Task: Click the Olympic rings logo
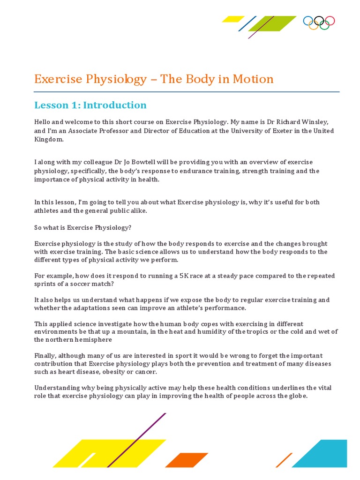click(319, 22)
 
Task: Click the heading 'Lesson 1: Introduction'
click(90, 105)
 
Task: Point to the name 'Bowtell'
click(140, 162)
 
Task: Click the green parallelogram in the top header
click(272, 24)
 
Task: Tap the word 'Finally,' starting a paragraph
click(47, 356)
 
